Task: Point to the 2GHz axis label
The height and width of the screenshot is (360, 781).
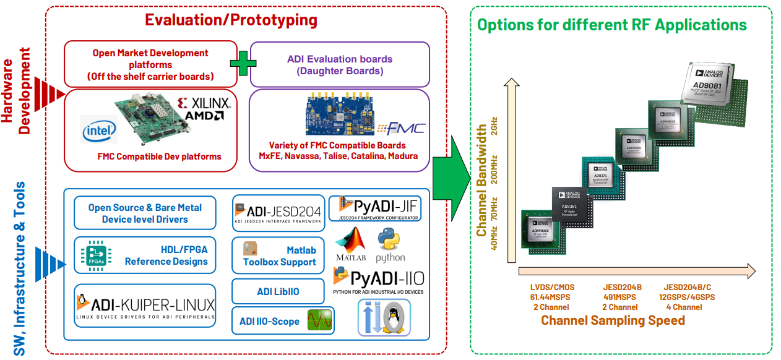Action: pyautogui.click(x=493, y=126)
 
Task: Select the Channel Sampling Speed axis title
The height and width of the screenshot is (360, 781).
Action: pyautogui.click(x=613, y=320)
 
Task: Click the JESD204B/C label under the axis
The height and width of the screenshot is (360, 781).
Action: pyautogui.click(x=687, y=287)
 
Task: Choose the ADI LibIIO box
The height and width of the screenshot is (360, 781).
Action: pyautogui.click(x=278, y=291)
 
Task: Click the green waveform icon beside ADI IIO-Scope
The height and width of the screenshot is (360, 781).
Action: pyautogui.click(x=319, y=321)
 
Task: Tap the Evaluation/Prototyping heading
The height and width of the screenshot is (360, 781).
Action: pyautogui.click(x=231, y=20)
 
